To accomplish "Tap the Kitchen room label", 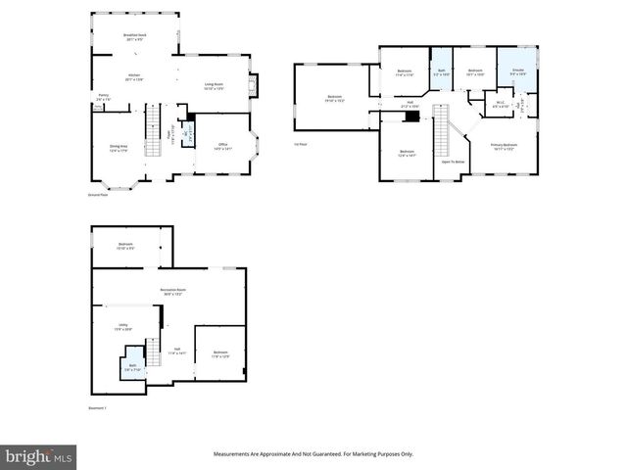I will [x=134, y=76].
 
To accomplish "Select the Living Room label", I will [x=215, y=86].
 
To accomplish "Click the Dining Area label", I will [x=119, y=148].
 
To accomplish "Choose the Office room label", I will [x=221, y=147].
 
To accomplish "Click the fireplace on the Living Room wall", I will [x=253, y=87].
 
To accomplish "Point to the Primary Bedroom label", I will [x=504, y=146].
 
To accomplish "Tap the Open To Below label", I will [x=453, y=162].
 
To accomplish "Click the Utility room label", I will [x=123, y=327].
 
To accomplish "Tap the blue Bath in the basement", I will [x=132, y=368].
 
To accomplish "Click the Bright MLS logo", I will [x=39, y=456].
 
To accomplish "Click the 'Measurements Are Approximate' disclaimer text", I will [x=313, y=454].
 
